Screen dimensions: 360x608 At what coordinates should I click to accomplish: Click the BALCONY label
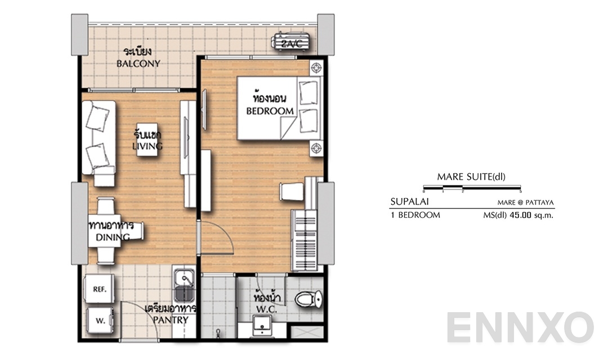[138, 64]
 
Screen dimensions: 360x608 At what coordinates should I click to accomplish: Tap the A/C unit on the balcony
[291, 43]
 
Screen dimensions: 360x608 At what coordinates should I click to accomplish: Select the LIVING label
[147, 147]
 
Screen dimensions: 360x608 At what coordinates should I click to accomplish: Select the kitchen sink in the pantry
[184, 286]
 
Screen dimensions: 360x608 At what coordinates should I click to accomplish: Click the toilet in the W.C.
[309, 298]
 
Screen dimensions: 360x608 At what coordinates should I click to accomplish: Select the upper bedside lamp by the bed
[317, 67]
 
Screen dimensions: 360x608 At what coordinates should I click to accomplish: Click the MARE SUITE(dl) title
[471, 177]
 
